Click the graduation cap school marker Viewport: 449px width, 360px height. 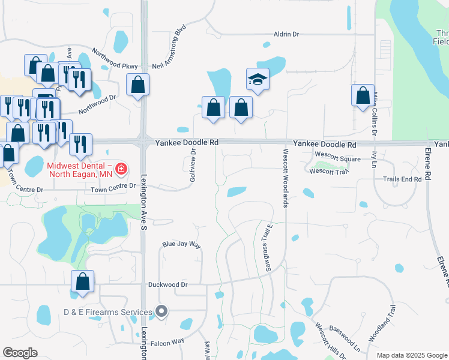[258, 80]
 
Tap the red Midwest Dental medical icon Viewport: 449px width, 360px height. [121, 169]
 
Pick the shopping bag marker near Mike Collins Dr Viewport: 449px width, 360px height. [363, 95]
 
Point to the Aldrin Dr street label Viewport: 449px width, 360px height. [286, 34]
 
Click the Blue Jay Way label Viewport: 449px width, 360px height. [181, 245]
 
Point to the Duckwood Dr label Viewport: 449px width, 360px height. [172, 285]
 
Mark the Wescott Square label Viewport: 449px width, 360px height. [337, 158]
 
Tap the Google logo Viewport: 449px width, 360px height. [20, 353]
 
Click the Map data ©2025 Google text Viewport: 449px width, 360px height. [411, 355]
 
